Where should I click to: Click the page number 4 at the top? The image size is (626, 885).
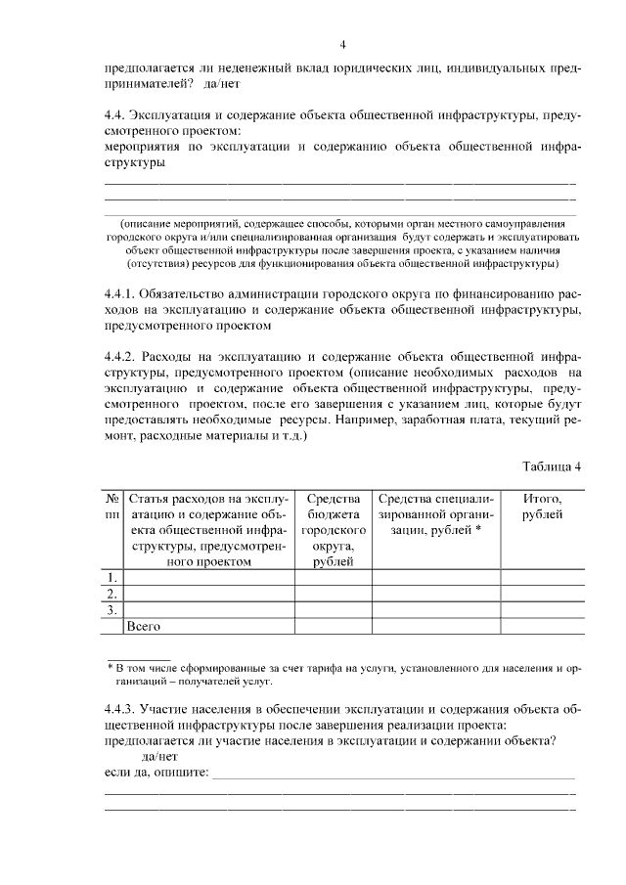(342, 44)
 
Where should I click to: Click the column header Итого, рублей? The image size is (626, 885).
(542, 507)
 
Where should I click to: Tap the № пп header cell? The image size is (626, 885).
(112, 507)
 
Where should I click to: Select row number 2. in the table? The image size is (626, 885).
(112, 593)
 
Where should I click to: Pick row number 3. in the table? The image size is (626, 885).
(112, 609)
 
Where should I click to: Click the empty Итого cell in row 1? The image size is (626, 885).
(542, 577)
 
